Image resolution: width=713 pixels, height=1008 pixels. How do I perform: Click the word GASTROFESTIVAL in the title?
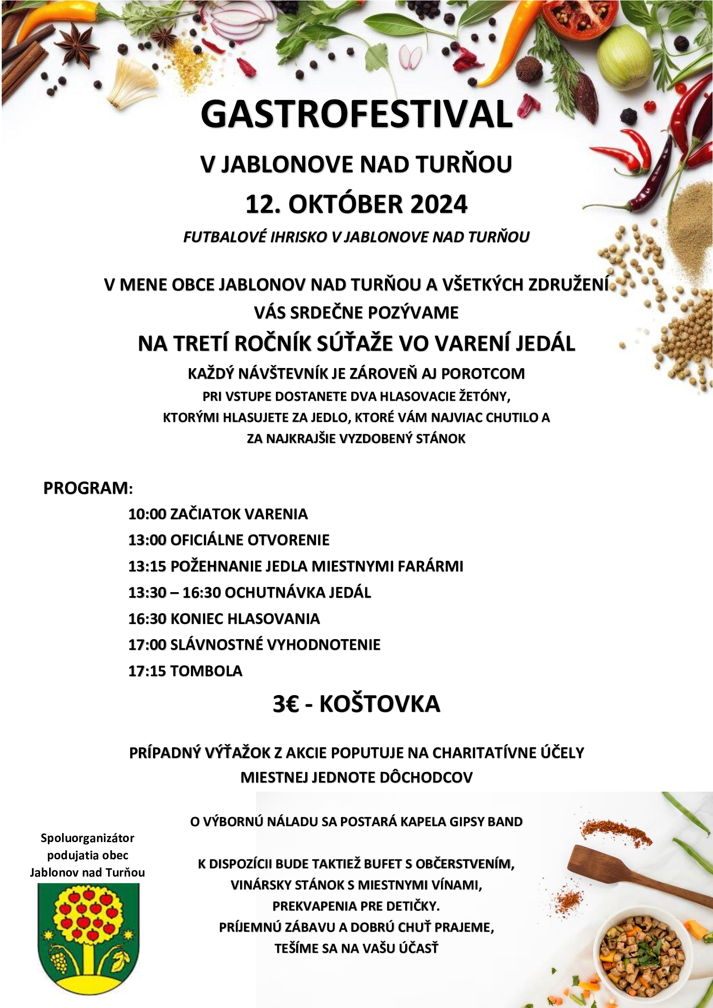tap(356, 115)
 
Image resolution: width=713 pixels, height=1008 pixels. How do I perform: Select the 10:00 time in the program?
tap(147, 514)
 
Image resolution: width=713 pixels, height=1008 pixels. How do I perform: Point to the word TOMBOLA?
tap(206, 671)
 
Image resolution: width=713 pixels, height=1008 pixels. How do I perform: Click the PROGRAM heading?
tap(86, 488)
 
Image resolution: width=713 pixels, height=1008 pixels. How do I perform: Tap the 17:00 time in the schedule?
tap(147, 644)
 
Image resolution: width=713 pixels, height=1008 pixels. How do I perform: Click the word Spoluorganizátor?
tap(88, 838)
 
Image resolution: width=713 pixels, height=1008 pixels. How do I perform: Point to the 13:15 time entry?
tap(147, 566)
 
